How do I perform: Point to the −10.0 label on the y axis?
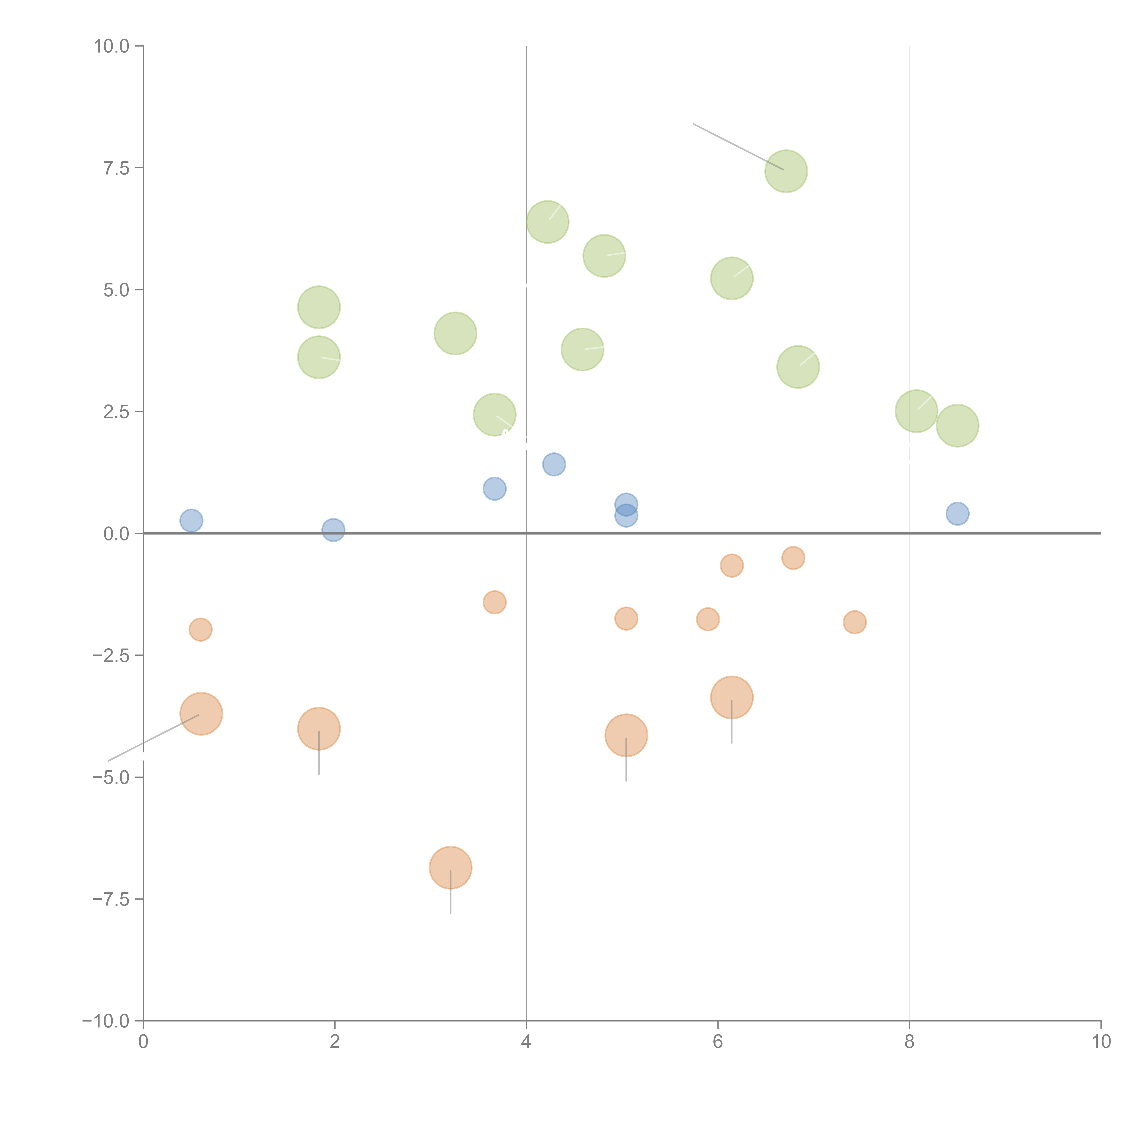point(106,1021)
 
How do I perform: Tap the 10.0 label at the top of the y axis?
point(112,46)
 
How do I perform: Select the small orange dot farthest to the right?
point(854,622)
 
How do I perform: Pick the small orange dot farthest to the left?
point(201,629)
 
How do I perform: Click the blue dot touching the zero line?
point(334,530)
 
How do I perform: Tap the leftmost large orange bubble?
point(201,714)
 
